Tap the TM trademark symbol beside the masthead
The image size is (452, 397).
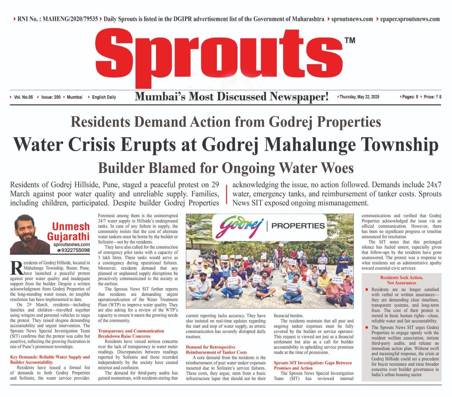(x=350, y=40)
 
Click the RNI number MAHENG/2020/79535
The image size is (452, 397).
(x=70, y=19)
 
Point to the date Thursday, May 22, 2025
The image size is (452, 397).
(x=359, y=97)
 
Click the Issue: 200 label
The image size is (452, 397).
(x=51, y=97)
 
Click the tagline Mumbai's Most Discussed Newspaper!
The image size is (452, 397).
(x=232, y=97)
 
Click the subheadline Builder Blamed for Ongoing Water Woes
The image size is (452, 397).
(x=226, y=168)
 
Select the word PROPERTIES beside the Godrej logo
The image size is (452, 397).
(x=298, y=226)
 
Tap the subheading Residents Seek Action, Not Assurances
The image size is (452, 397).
(x=401, y=280)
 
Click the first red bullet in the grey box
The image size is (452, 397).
(x=366, y=289)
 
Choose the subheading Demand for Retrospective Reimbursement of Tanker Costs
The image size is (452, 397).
(x=216, y=349)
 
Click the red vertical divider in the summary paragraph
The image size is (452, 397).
(x=226, y=194)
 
